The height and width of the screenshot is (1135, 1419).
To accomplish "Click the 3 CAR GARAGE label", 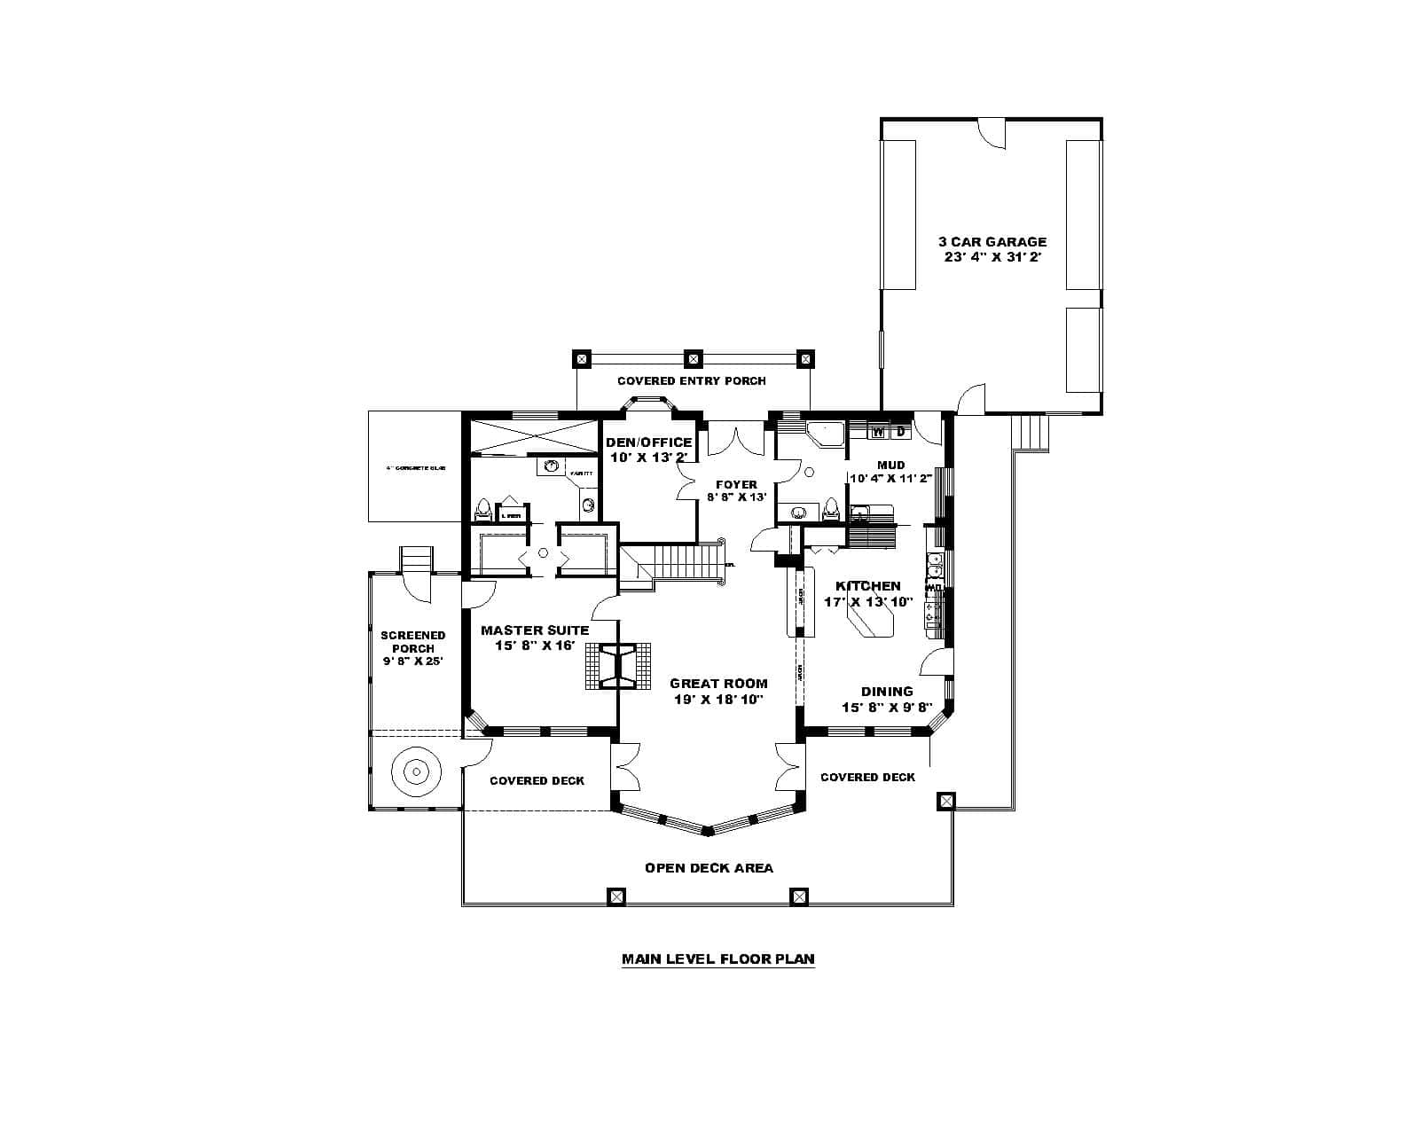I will (992, 241).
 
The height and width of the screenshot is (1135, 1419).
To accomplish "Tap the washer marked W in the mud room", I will (879, 432).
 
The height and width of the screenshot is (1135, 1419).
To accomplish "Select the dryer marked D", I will (900, 432).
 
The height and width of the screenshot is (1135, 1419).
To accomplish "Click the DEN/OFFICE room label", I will (648, 442).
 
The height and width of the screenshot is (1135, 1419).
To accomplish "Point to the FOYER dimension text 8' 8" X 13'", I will (736, 497).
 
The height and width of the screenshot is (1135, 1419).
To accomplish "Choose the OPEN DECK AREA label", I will (709, 867).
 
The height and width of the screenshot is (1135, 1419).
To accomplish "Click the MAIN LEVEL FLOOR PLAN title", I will (717, 959).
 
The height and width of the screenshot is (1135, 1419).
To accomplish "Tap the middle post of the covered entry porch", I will (694, 359).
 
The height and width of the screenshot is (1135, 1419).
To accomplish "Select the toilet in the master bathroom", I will (483, 510).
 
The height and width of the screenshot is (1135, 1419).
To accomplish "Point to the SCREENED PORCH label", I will (413, 641).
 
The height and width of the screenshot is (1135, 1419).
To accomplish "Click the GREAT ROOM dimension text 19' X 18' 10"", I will (718, 699).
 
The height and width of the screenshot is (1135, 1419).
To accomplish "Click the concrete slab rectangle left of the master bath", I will (414, 466).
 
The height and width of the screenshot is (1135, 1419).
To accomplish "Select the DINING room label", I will (887, 692).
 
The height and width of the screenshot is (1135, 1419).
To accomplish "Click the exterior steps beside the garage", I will (1029, 434).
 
